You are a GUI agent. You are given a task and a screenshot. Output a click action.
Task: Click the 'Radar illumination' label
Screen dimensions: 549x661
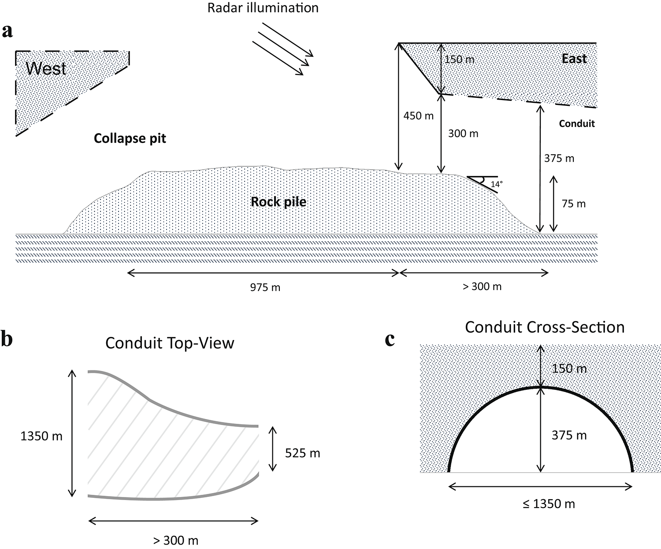tap(263, 7)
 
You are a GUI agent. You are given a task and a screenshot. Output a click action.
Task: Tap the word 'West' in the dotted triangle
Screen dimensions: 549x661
tap(46, 68)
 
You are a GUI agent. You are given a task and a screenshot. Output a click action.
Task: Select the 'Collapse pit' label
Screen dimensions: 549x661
tap(130, 138)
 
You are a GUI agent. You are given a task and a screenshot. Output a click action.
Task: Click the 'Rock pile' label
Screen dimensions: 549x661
tap(279, 202)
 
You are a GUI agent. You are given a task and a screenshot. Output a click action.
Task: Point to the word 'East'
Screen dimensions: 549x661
tap(574, 59)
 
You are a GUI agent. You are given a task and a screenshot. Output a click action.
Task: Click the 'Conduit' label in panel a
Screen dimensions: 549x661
tap(577, 123)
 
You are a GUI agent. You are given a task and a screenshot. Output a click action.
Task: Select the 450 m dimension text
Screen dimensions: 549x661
tap(418, 116)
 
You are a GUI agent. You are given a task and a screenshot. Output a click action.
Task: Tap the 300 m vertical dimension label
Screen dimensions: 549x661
tap(463, 133)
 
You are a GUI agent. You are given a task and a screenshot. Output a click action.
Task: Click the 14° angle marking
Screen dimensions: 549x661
tap(497, 184)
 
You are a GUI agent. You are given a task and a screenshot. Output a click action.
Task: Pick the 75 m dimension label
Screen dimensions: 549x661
tap(574, 203)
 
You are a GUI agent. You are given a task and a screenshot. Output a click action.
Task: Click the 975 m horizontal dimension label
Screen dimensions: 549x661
tap(265, 287)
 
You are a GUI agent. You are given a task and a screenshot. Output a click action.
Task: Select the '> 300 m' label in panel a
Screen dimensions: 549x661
tap(482, 287)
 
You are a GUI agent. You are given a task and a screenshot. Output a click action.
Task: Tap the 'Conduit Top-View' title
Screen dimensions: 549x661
tap(170, 343)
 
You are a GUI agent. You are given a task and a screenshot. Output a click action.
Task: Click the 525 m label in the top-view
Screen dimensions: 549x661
tap(302, 453)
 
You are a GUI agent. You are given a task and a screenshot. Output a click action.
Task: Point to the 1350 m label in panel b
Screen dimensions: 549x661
tap(41, 436)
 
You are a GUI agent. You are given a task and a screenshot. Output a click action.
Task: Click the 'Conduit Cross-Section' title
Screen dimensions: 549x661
tap(545, 327)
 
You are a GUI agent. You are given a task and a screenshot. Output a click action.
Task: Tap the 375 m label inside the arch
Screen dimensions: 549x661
tap(569, 435)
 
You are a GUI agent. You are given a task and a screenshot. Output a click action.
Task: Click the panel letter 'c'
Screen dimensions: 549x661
tap(390, 340)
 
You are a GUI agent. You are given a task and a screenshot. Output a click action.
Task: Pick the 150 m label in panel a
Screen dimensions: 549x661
tap(460, 59)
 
